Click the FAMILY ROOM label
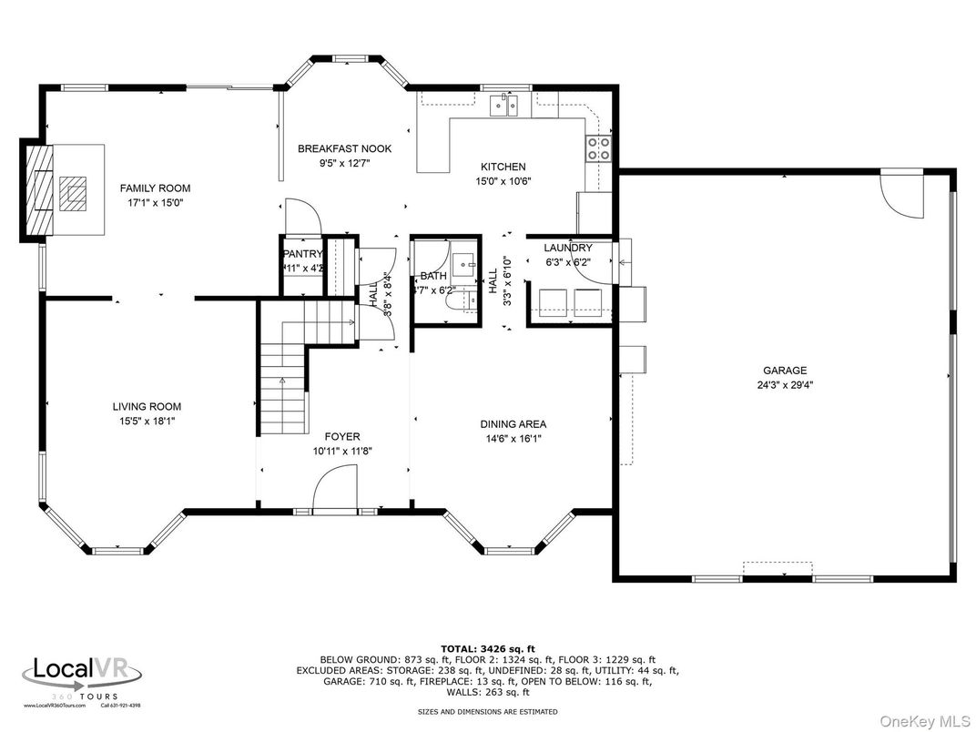[x=155, y=188]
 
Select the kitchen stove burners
[x=597, y=148]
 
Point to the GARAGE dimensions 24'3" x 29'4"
[x=784, y=385]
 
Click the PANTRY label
[x=302, y=254]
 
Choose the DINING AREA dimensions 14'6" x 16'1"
[x=513, y=438]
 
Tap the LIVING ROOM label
[x=147, y=407]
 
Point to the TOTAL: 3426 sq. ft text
[x=487, y=648]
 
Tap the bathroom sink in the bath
[x=467, y=261]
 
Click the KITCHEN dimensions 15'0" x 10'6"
[x=503, y=180]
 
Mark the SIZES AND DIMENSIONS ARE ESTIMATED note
[x=487, y=711]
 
